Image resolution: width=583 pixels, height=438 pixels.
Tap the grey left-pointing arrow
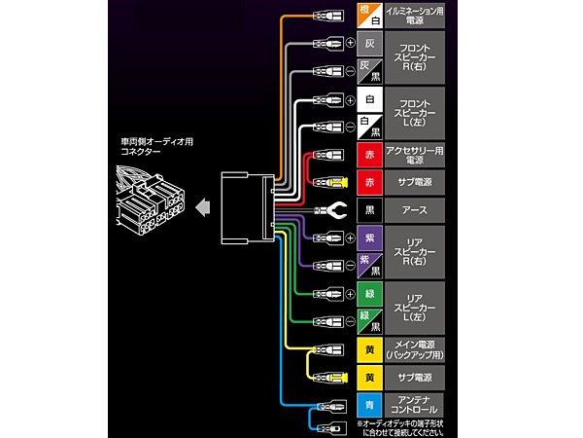pos(203,207)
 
